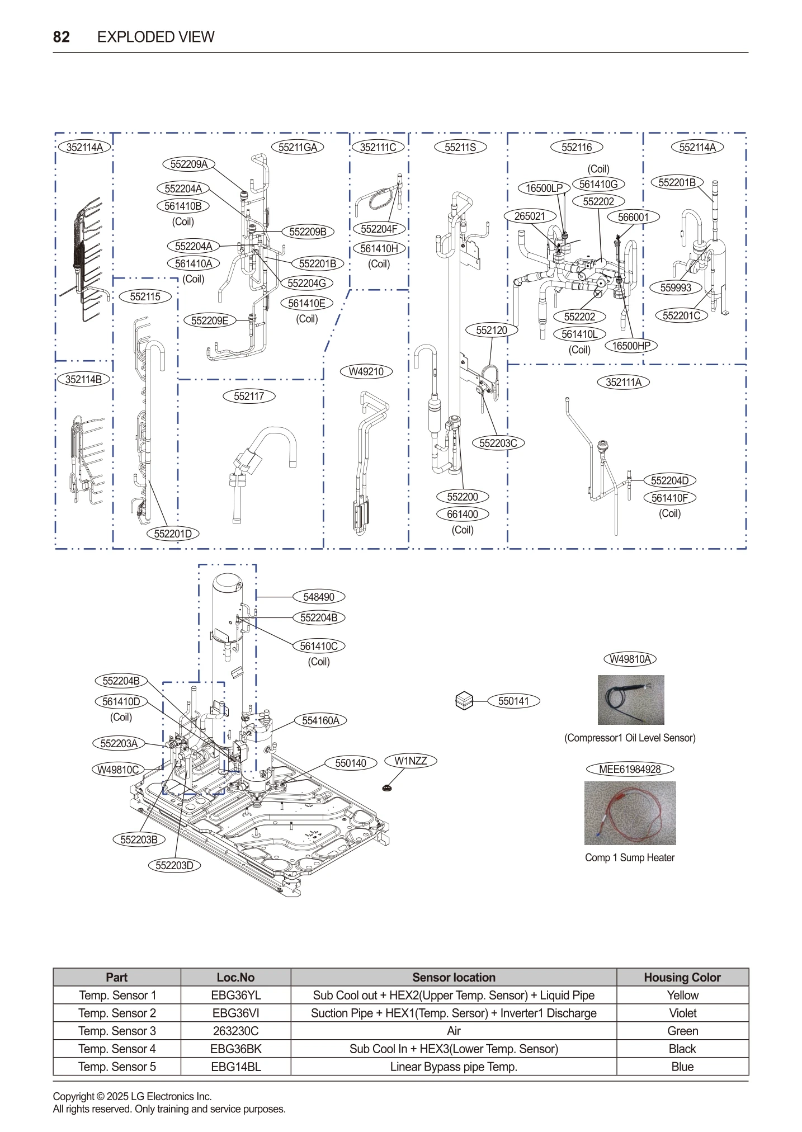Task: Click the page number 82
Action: [61, 37]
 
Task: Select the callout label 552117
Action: [249, 397]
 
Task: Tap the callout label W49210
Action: [366, 372]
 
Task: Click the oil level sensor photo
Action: [630, 700]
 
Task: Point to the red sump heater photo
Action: [630, 813]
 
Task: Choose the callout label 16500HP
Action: [631, 346]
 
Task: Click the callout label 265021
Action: [530, 216]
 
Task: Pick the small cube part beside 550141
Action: [464, 701]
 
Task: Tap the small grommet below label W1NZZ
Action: [386, 788]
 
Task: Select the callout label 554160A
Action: [320, 721]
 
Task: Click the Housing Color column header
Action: [682, 978]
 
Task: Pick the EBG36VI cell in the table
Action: [235, 1013]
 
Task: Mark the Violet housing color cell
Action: [682, 1013]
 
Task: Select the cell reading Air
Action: [454, 1031]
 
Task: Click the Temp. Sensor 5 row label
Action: [117, 1067]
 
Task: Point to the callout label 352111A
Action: [624, 383]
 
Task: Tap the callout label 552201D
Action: [173, 534]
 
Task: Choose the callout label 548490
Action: [319, 597]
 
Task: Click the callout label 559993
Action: [676, 288]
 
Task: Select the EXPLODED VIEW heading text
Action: [155, 37]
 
